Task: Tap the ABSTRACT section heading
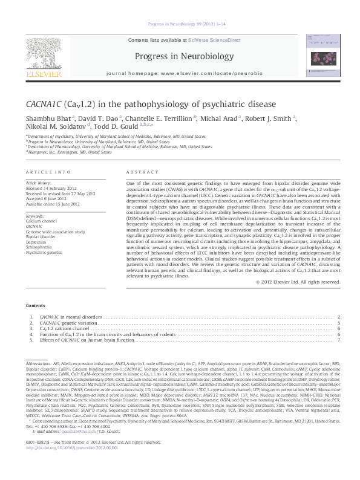click(x=139, y=172)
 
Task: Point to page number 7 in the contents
click(x=339, y=340)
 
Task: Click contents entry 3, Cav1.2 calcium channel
click(x=63, y=328)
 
